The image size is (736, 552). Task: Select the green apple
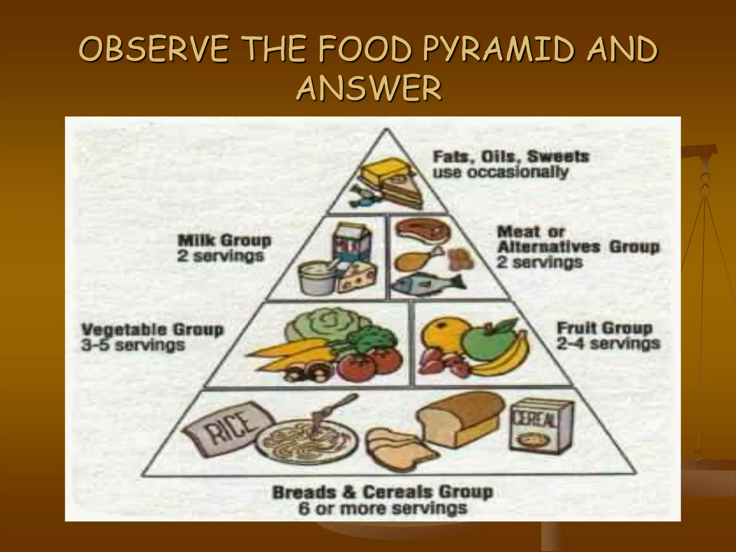(x=483, y=345)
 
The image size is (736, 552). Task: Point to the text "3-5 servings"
(x=133, y=345)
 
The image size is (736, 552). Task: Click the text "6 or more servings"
(x=382, y=508)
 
